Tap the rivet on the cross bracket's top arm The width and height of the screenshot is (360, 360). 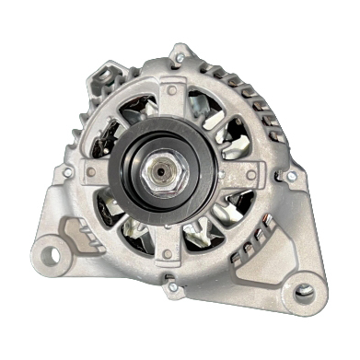pyautogui.click(x=171, y=91)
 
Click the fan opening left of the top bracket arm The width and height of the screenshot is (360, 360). pyautogui.click(x=129, y=110)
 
